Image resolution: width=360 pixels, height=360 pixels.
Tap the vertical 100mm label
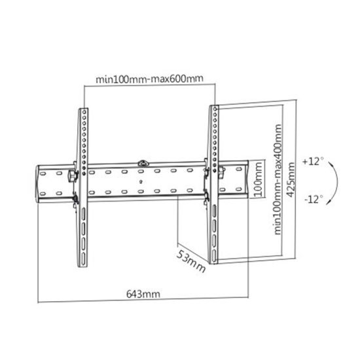click(x=258, y=181)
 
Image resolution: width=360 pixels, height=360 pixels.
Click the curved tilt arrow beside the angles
click(x=334, y=179)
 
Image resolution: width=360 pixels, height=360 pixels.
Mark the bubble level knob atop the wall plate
click(x=142, y=160)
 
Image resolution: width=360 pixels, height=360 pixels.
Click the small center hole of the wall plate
click(x=142, y=180)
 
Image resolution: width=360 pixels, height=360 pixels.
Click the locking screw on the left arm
click(x=71, y=175)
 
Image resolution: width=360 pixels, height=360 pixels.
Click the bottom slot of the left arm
click(x=84, y=249)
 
